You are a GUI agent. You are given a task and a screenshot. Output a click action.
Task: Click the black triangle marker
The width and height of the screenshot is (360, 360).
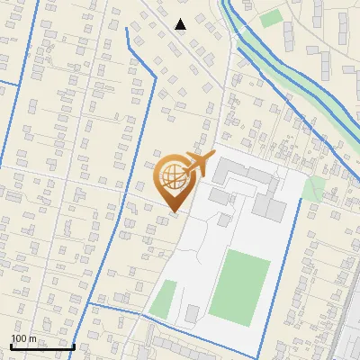pyautogui.click(x=181, y=24)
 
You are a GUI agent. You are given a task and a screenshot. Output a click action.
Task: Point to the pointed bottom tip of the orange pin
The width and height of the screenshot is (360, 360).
pyautogui.click(x=173, y=212)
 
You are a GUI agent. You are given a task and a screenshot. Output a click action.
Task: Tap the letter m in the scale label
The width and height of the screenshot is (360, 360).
pyautogui.click(x=33, y=338)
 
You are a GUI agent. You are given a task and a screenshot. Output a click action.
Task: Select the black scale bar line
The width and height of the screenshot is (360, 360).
pyautogui.click(x=42, y=346)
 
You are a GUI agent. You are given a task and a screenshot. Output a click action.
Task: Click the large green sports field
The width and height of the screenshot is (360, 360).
pyautogui.click(x=240, y=286)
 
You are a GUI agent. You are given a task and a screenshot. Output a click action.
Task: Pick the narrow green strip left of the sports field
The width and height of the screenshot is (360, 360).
pyautogui.click(x=163, y=300)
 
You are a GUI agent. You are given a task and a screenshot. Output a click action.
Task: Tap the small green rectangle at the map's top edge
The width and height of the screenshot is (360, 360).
pyautogui.click(x=271, y=18)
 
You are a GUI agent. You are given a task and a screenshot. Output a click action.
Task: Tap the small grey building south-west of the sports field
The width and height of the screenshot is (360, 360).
pyautogui.click(x=193, y=313)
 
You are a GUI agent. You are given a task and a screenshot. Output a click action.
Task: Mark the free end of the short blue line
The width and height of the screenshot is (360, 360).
pyautogui.click(x=127, y=29)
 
